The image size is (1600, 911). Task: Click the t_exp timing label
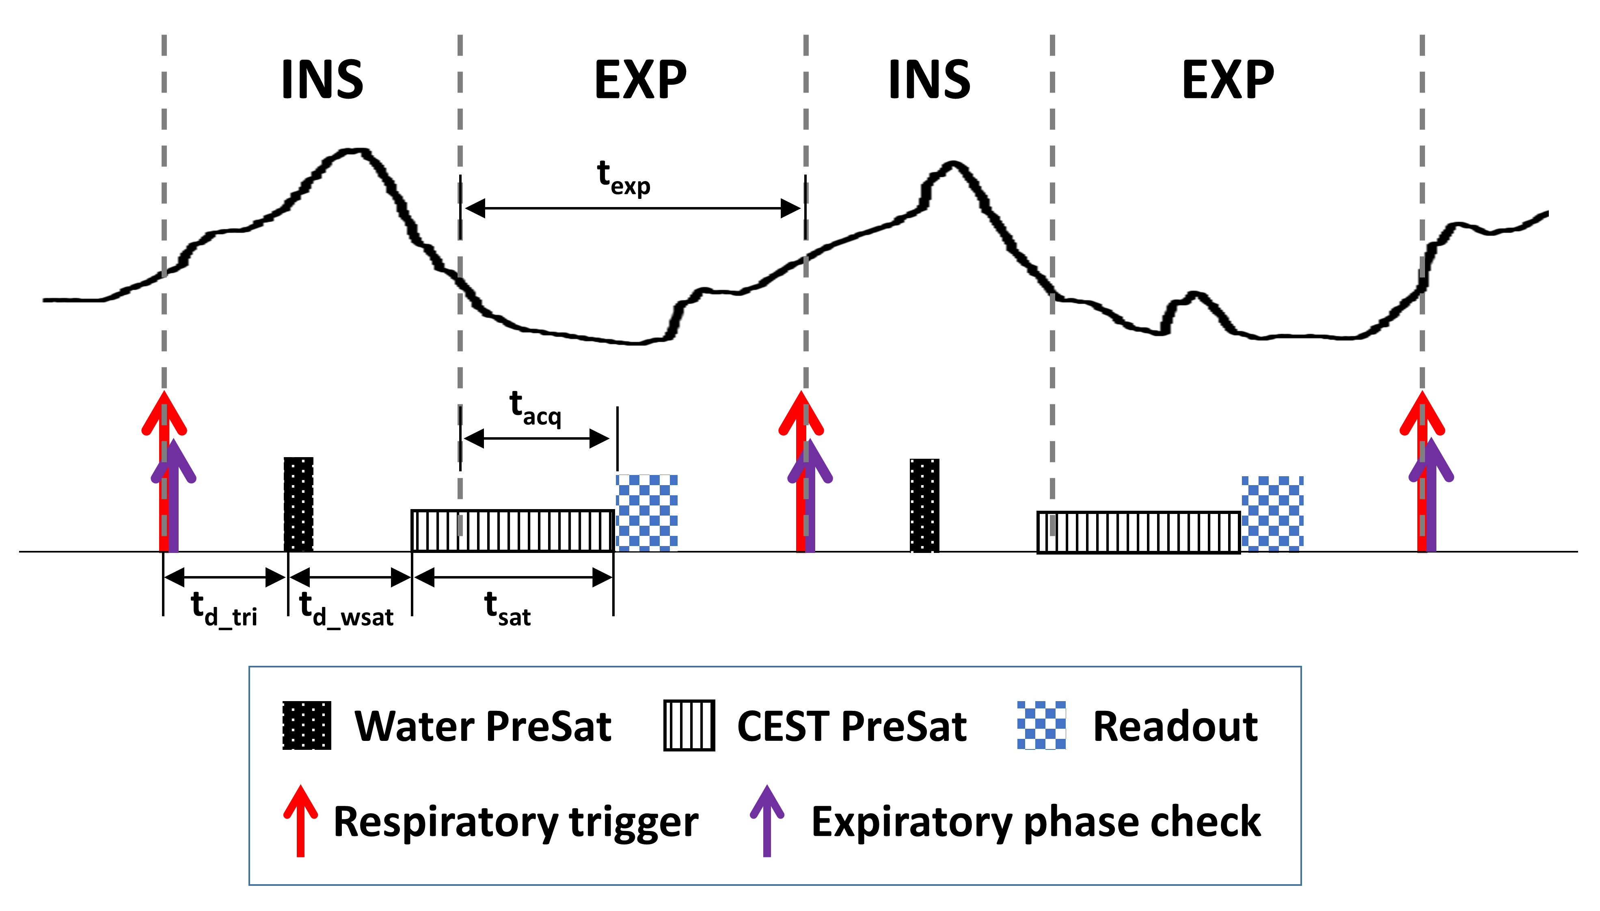click(x=623, y=178)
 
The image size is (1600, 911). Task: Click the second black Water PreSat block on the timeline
click(x=924, y=505)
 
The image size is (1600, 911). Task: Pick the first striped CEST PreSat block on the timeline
click(x=512, y=531)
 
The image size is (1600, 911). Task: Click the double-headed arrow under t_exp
click(x=633, y=208)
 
